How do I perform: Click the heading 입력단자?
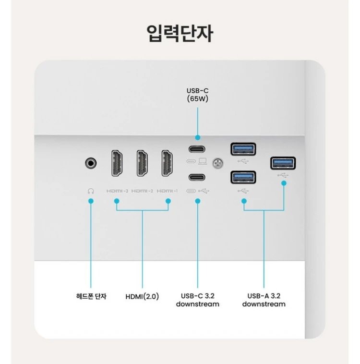click(x=180, y=34)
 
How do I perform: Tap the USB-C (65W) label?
click(x=198, y=95)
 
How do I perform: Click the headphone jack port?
click(x=91, y=163)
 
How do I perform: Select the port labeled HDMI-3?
click(x=117, y=163)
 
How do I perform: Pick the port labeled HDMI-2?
click(x=142, y=163)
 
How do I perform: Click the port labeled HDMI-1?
click(x=167, y=163)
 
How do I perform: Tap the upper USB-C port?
click(x=197, y=149)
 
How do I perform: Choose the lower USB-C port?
click(x=197, y=177)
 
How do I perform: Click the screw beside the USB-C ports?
click(x=218, y=163)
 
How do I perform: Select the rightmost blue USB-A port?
click(x=283, y=163)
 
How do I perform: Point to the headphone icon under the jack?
click(x=91, y=191)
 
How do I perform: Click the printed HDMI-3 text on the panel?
click(x=117, y=191)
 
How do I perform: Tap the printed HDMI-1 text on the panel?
click(x=167, y=191)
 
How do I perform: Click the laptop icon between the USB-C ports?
click(x=203, y=161)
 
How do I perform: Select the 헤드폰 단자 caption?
click(x=91, y=296)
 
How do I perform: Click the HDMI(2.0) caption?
click(x=142, y=296)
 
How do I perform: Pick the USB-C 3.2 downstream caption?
click(x=198, y=300)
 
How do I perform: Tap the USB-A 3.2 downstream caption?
click(x=264, y=300)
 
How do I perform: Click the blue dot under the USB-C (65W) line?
click(x=198, y=138)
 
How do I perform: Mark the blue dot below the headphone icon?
click(x=91, y=201)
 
